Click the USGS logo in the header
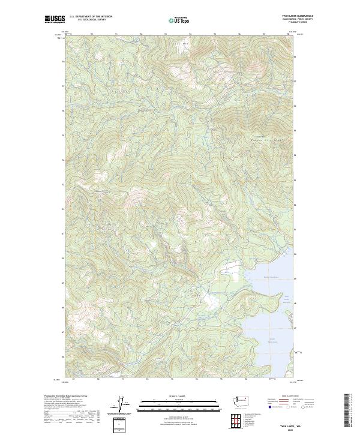(x=55, y=20)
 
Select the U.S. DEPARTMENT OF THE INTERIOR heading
(x=90, y=17)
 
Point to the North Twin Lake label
(x=271, y=277)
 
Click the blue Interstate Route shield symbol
(x=265, y=406)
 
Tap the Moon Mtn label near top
(x=176, y=43)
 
